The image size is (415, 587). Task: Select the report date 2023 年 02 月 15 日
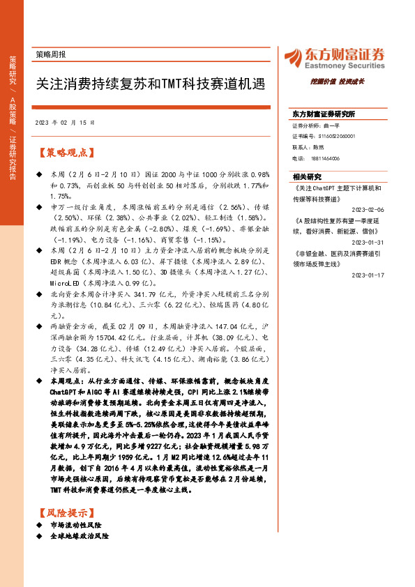click(63, 122)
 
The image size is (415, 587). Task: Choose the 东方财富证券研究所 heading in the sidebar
click(324, 113)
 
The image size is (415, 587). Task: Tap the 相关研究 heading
click(307, 176)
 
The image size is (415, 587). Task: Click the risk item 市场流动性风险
click(77, 524)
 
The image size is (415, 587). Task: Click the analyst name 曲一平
click(332, 125)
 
